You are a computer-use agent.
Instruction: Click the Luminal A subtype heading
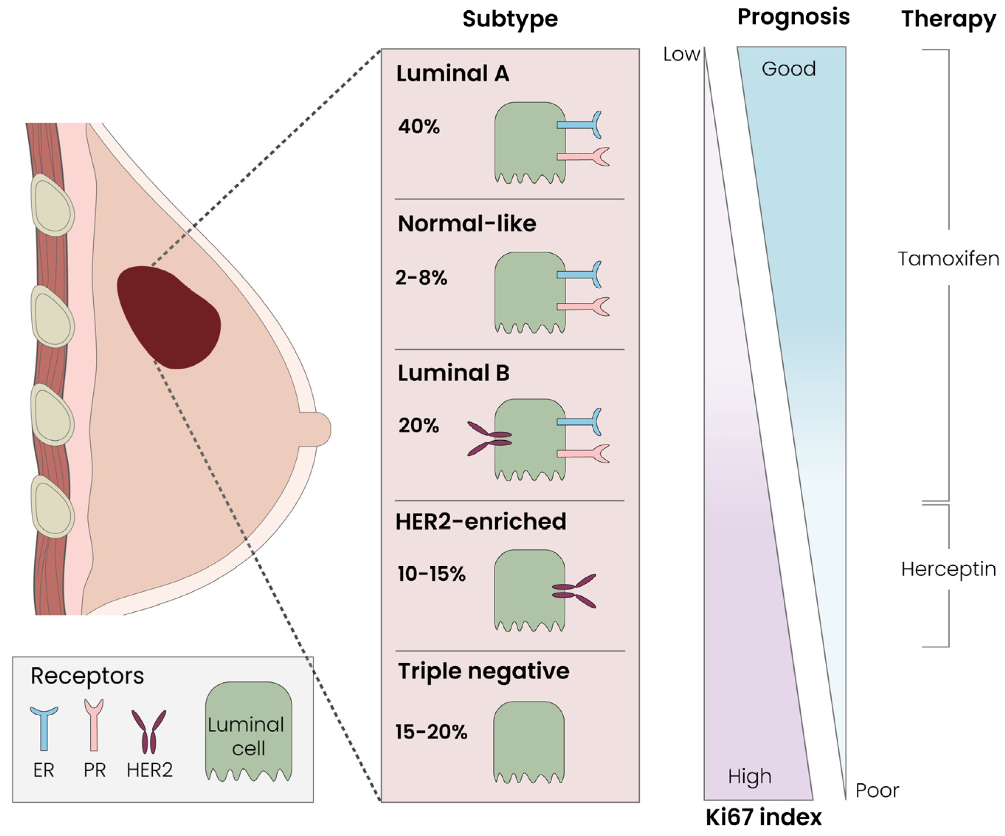(x=452, y=74)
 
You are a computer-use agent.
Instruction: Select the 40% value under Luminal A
(x=419, y=127)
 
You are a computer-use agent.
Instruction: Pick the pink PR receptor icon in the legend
(x=94, y=723)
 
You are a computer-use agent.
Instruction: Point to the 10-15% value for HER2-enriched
(x=431, y=574)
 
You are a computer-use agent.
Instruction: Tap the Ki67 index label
(x=763, y=817)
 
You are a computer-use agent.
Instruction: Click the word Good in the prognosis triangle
(x=788, y=69)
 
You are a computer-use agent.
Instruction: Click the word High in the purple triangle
(x=749, y=777)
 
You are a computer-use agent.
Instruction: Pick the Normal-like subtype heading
(x=467, y=224)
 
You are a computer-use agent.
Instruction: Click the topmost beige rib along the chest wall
(x=52, y=205)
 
